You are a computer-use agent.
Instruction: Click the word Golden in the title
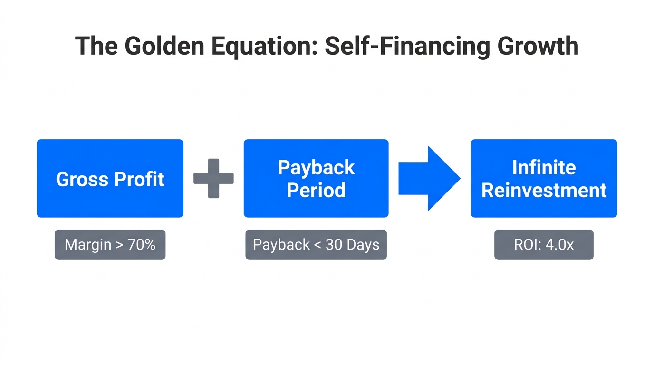click(162, 46)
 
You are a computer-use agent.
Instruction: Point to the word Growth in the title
click(537, 46)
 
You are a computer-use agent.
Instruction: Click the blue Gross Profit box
click(110, 178)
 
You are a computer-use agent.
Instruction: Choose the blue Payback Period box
click(316, 178)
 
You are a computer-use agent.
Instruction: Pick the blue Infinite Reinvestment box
click(544, 178)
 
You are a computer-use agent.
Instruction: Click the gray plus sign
click(213, 178)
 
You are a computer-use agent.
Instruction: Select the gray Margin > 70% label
click(110, 245)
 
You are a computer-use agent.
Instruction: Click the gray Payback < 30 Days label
click(316, 245)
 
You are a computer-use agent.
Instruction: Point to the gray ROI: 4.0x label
click(544, 245)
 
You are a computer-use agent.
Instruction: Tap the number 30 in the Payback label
click(334, 245)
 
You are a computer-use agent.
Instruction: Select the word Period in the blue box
click(316, 190)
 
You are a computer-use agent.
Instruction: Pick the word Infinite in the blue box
click(544, 167)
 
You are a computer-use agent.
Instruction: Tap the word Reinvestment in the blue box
click(544, 190)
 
